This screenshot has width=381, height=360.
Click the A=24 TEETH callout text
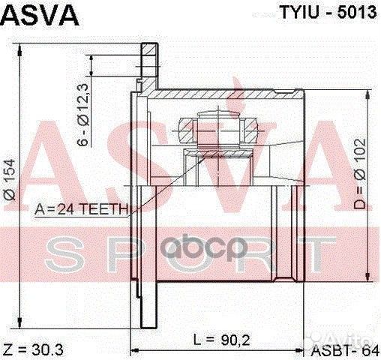coord(83,209)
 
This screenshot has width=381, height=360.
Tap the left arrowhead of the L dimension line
coord(135,350)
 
